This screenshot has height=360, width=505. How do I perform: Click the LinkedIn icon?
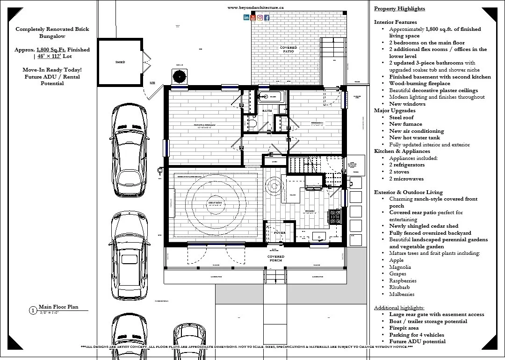(246, 18)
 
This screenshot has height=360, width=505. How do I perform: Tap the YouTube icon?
(253, 18)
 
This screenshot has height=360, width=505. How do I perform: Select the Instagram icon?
(260, 18)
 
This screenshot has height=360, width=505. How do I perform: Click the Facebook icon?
(267, 18)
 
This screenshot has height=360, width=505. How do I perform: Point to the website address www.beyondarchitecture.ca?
(256, 7)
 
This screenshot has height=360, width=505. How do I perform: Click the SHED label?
(120, 62)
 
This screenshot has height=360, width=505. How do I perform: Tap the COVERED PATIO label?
(289, 49)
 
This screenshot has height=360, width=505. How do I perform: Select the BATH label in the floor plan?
(267, 111)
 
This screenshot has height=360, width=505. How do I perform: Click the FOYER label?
(280, 232)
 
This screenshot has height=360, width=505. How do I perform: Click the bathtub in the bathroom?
(270, 97)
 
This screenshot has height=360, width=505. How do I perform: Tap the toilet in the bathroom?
(251, 123)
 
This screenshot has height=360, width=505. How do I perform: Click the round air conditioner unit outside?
(179, 76)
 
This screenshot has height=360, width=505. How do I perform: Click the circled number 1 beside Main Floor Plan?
(33, 310)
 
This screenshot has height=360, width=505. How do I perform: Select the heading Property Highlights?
(399, 8)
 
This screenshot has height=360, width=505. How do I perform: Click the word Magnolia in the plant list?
(400, 267)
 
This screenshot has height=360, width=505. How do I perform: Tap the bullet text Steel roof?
(401, 117)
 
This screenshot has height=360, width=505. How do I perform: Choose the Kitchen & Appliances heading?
(402, 151)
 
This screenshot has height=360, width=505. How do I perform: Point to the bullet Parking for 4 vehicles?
(417, 335)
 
